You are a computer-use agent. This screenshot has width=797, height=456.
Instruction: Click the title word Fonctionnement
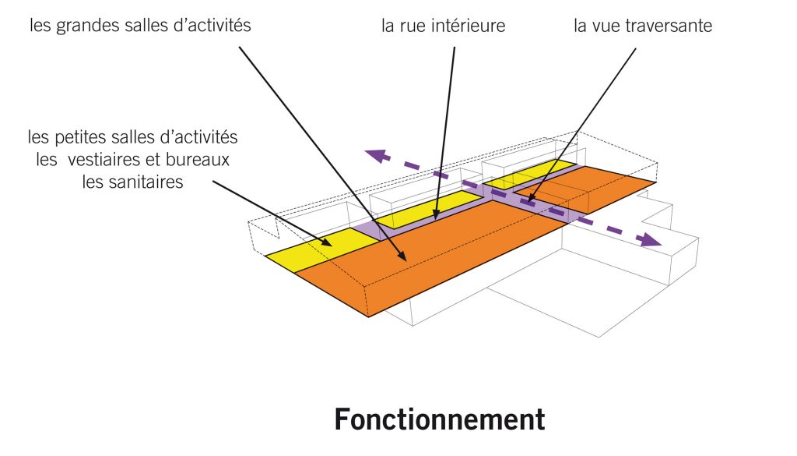click(x=440, y=419)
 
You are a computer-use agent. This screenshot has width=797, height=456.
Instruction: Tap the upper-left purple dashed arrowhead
click(x=376, y=155)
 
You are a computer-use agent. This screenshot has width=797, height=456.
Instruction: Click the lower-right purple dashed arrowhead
click(x=651, y=240)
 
